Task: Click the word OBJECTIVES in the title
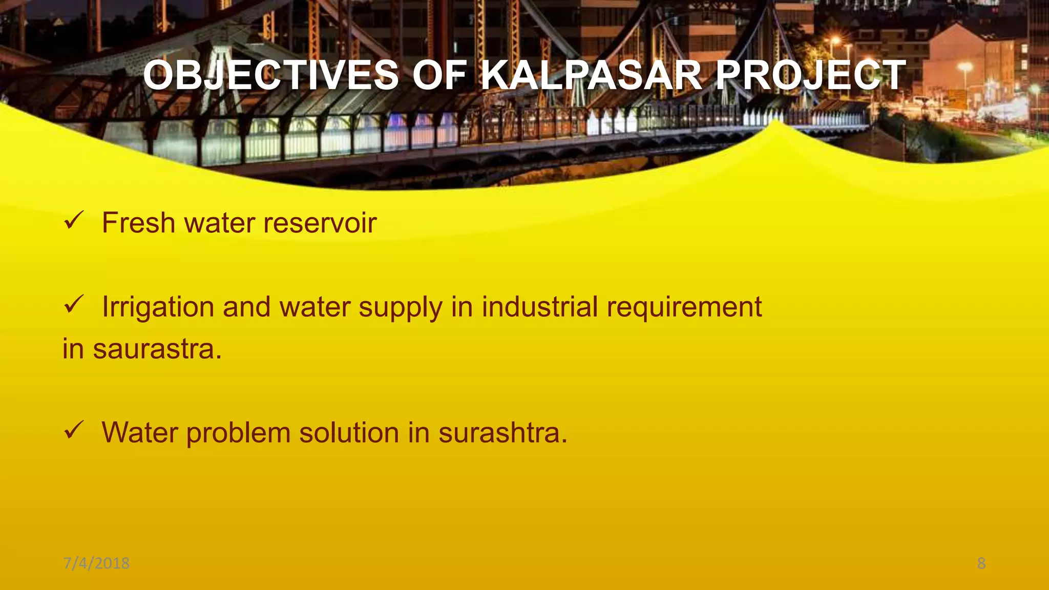271,75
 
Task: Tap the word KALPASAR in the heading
592,75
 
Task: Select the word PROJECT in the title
810,75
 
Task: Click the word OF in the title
439,75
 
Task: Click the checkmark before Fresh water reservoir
73,221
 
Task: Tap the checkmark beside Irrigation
73,305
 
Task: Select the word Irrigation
158,307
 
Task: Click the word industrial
540,307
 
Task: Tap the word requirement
684,308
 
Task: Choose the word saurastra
157,349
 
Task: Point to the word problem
238,433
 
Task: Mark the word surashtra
502,432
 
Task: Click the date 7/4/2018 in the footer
96,563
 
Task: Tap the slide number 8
981,563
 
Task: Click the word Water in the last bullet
139,432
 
